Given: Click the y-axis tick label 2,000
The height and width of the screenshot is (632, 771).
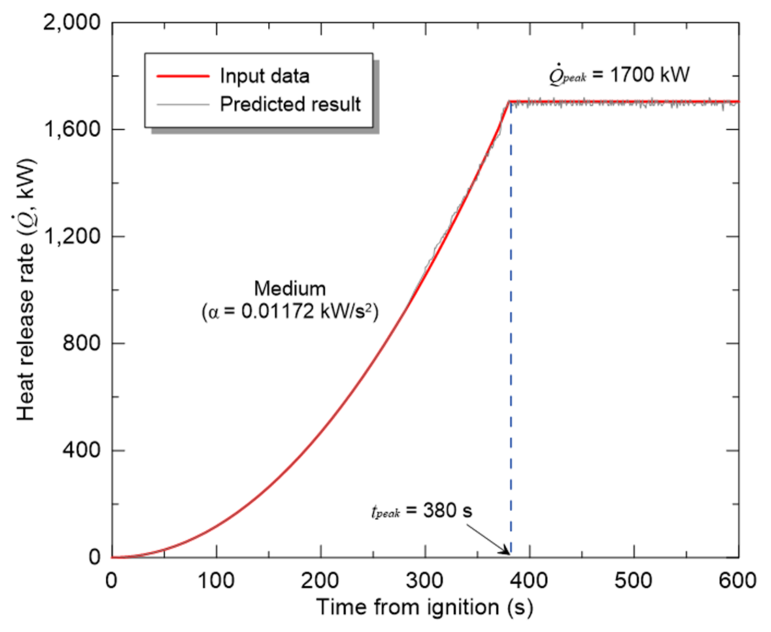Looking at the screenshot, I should (x=71, y=22).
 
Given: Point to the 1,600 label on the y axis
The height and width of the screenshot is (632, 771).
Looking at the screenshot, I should (x=71, y=130).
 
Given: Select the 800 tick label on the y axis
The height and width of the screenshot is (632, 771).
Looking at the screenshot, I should (x=81, y=343).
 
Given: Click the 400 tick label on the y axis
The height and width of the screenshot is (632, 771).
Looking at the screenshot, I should (x=81, y=450).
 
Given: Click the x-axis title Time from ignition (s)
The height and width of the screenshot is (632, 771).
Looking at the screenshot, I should (x=425, y=607).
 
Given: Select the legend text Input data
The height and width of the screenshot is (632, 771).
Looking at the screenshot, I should (x=264, y=76).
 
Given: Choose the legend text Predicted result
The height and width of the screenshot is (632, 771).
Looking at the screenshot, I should (x=290, y=104).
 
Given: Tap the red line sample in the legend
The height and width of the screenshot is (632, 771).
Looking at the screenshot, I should (x=183, y=76).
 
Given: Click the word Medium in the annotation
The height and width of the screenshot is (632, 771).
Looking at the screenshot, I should (x=290, y=289).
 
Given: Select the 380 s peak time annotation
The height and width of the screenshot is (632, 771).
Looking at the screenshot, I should (x=447, y=510).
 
